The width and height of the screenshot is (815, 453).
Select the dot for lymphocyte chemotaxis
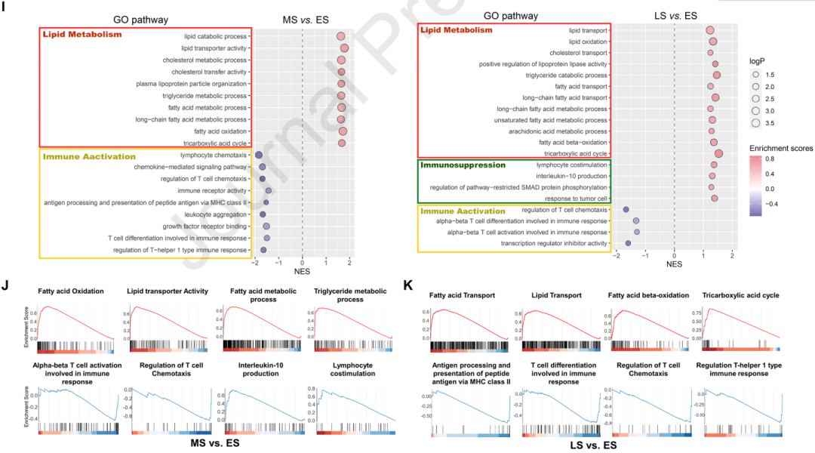(259, 155)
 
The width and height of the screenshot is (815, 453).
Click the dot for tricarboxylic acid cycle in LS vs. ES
(718, 153)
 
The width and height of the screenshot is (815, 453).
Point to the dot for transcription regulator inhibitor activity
(628, 243)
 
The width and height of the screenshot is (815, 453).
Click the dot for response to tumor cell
(715, 199)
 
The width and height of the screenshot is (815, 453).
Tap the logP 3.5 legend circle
(755, 123)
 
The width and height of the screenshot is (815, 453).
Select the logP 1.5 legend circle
(755, 75)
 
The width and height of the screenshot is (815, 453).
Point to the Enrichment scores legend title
(781, 149)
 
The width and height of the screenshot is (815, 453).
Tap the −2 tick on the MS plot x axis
(255, 263)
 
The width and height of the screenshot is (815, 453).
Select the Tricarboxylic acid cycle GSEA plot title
(741, 295)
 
